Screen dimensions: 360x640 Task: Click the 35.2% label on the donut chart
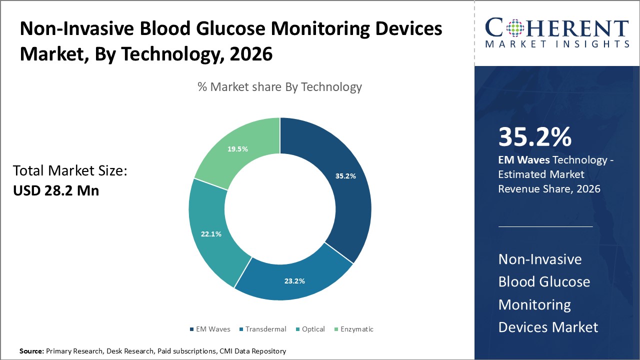pos(345,175)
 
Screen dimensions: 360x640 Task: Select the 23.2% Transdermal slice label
pos(294,281)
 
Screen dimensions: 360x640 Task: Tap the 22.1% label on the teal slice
pos(211,233)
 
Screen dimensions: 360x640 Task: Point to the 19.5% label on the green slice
pos(237,149)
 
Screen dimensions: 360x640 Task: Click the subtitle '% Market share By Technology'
pos(279,87)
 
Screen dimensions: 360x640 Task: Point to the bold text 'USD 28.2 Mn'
pos(55,190)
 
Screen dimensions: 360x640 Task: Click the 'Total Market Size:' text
pos(70,171)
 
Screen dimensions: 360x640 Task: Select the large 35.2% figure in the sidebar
pos(534,137)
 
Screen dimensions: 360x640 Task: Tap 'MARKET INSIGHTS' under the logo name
pos(557,44)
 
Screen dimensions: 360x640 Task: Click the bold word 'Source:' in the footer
pos(31,351)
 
